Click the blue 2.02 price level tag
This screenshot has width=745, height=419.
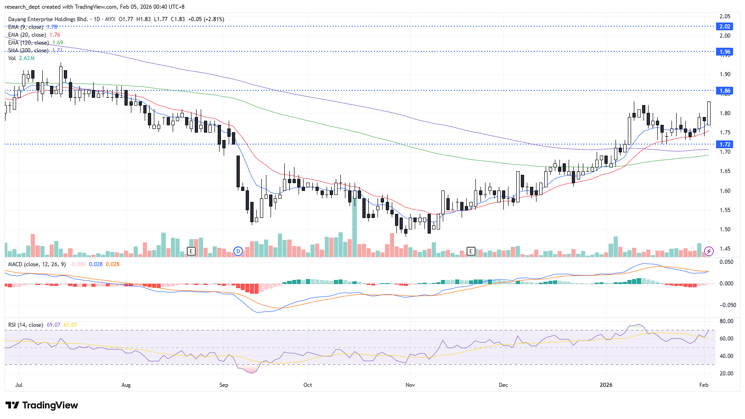click(725, 27)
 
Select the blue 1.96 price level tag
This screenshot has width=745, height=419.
click(725, 52)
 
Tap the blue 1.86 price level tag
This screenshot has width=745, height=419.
click(725, 91)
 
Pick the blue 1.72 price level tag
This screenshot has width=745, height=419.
click(725, 145)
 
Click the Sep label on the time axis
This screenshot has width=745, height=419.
click(224, 385)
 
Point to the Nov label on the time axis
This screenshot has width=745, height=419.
click(410, 385)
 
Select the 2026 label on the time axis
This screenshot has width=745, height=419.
click(606, 385)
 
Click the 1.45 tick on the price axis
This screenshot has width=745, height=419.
click(725, 249)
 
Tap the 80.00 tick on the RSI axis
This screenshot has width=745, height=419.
click(726, 321)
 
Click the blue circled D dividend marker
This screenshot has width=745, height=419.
click(238, 251)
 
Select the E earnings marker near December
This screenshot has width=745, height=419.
click(471, 251)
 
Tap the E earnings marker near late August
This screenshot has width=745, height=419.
click(191, 251)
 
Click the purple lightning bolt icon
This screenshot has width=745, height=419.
click(709, 251)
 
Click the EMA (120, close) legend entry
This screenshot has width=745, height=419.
click(28, 43)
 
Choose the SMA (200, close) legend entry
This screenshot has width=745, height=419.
click(28, 50)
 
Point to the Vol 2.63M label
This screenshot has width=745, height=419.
click(21, 58)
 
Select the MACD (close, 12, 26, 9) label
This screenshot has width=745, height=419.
click(37, 264)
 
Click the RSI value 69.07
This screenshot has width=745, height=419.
click(53, 325)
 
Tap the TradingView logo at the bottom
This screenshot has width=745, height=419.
click(42, 405)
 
